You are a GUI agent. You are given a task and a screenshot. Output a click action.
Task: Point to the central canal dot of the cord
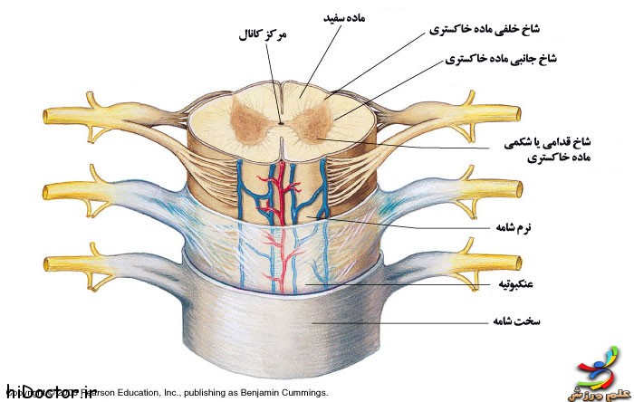point(281,123)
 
